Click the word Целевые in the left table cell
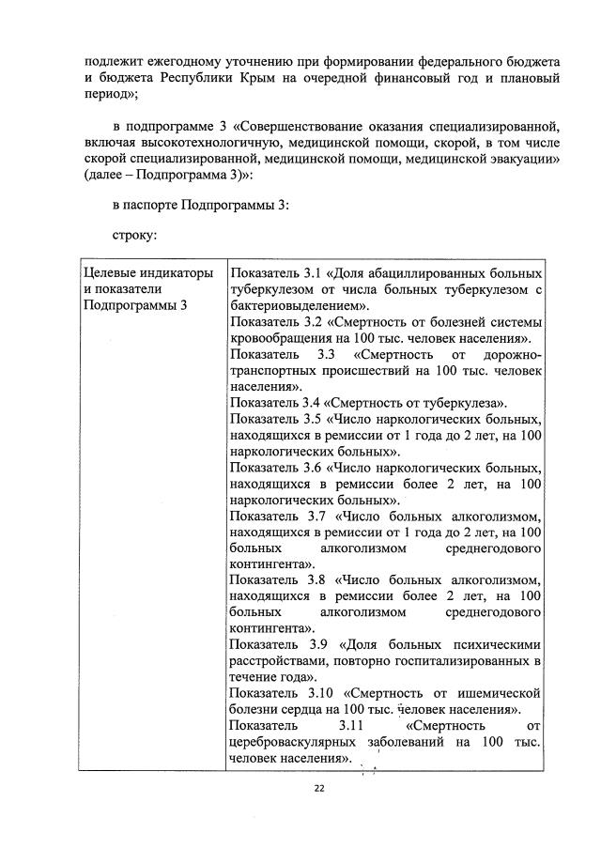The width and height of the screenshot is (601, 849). (109, 272)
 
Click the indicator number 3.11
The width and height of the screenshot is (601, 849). (336, 726)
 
